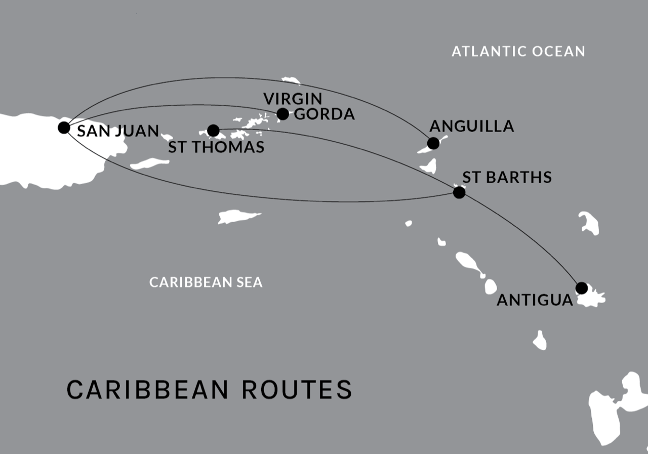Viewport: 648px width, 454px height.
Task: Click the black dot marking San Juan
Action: click(64, 128)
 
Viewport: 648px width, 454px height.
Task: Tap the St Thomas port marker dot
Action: click(213, 131)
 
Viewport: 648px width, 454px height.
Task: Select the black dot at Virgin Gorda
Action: click(282, 114)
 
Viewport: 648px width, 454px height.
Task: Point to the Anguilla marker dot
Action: click(433, 143)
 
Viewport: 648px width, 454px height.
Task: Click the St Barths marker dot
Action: click(459, 192)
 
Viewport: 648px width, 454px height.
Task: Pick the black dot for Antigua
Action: click(582, 288)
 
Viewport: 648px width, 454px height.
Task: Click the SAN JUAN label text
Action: click(118, 132)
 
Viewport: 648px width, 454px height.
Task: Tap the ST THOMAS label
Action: click(216, 147)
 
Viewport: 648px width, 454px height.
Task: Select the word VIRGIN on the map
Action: click(293, 99)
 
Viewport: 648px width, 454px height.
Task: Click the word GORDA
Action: click(324, 114)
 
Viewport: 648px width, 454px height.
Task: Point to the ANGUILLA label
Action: click(471, 127)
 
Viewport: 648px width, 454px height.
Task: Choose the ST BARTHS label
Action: click(507, 177)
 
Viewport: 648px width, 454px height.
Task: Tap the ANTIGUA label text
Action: click(535, 300)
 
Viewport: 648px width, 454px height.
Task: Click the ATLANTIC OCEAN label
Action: click(518, 51)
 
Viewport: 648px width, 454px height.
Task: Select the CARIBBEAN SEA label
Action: click(206, 282)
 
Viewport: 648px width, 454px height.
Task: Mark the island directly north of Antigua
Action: click(589, 223)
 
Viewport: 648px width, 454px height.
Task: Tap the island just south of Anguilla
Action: click(429, 166)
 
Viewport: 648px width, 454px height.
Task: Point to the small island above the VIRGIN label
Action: click(292, 80)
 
